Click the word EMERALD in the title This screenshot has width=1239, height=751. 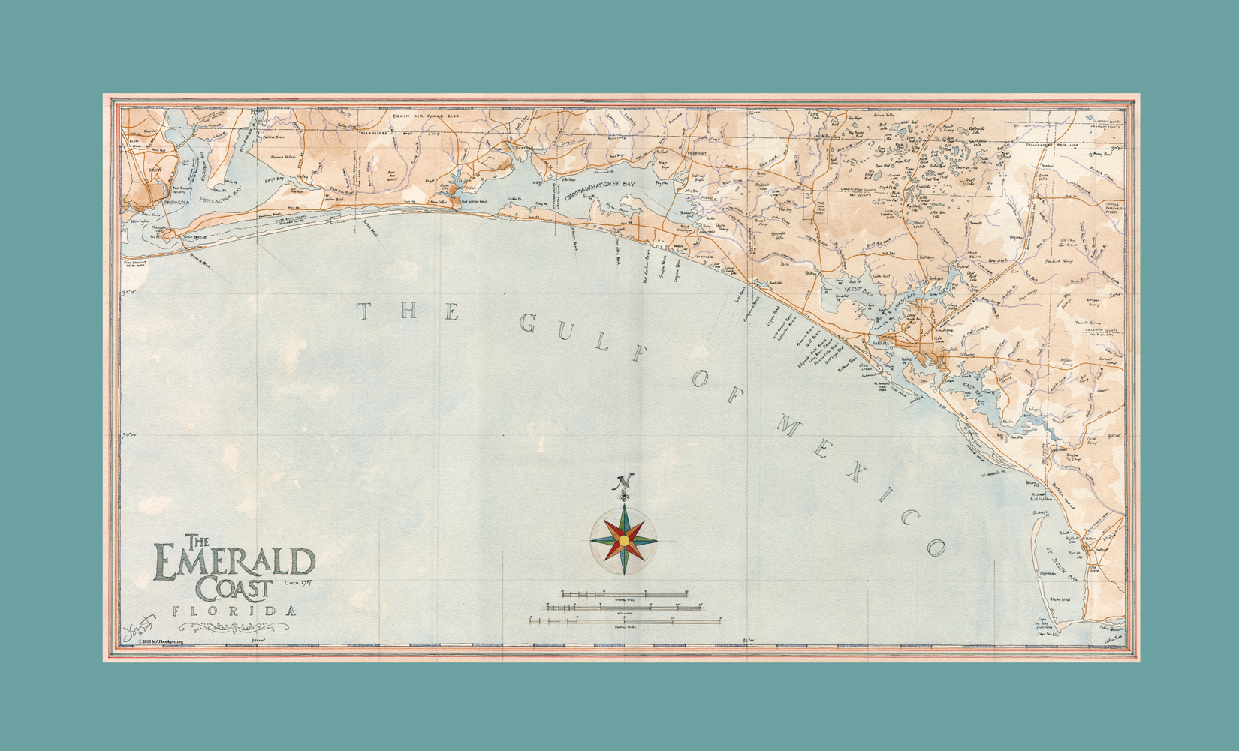pos(234,563)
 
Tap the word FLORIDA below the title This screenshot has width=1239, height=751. pos(234,611)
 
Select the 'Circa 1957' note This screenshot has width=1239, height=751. pos(298,582)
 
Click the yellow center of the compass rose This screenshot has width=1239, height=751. pos(624,540)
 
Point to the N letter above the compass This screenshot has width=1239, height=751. pos(624,482)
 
